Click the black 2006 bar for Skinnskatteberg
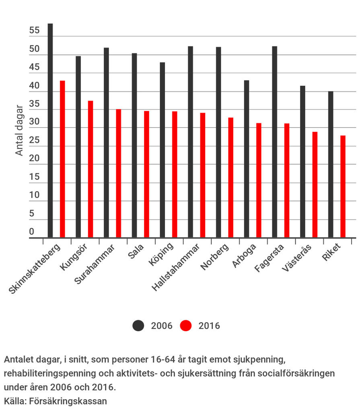pos(50,130)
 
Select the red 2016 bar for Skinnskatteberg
pos(62,159)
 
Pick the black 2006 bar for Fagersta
pos(274,142)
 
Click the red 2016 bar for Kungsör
pos(91,169)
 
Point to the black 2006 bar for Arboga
pos(247,159)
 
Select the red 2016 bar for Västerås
pos(315,185)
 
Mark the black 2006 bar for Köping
pos(163,150)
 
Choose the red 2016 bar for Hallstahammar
pos(203,175)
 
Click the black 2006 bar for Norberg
pos(218,142)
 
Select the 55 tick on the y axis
pos(35,31)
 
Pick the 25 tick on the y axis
pos(35,140)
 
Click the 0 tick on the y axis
pos(32,232)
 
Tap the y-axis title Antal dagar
pos(19,130)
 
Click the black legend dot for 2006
pos(138,325)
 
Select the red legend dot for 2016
pos(186,325)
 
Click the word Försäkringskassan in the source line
pos(68,401)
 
